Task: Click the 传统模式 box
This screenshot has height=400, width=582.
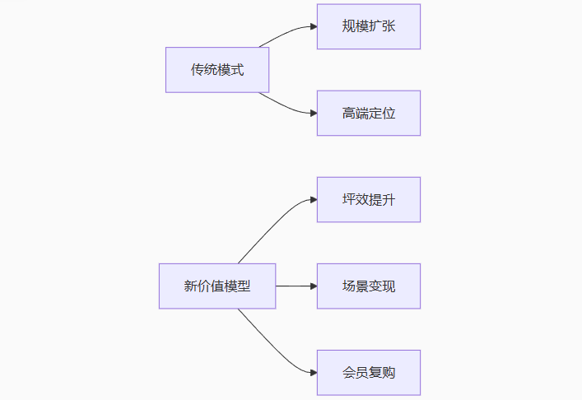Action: coord(217,70)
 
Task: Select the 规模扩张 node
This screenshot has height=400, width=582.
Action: coord(368,26)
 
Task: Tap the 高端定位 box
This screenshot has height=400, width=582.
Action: coord(368,113)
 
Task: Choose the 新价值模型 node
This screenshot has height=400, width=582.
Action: coord(217,286)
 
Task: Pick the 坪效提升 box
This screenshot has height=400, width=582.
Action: coord(368,199)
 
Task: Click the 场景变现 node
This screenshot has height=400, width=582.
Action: coord(368,286)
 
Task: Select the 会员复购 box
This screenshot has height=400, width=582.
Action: coord(368,373)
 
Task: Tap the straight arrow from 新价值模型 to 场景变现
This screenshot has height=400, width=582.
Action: coord(295,286)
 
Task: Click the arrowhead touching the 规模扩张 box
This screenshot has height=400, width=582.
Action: coord(314,26)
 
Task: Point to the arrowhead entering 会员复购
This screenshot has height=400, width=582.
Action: coord(314,373)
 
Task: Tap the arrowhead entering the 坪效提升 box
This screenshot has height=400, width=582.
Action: coord(314,199)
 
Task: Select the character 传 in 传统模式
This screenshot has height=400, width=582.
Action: coord(198,70)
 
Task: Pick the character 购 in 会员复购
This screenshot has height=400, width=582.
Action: coord(389,373)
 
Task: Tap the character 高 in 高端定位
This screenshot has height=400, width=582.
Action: coord(349,113)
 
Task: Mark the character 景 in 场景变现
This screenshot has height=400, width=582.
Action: coord(362,286)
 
